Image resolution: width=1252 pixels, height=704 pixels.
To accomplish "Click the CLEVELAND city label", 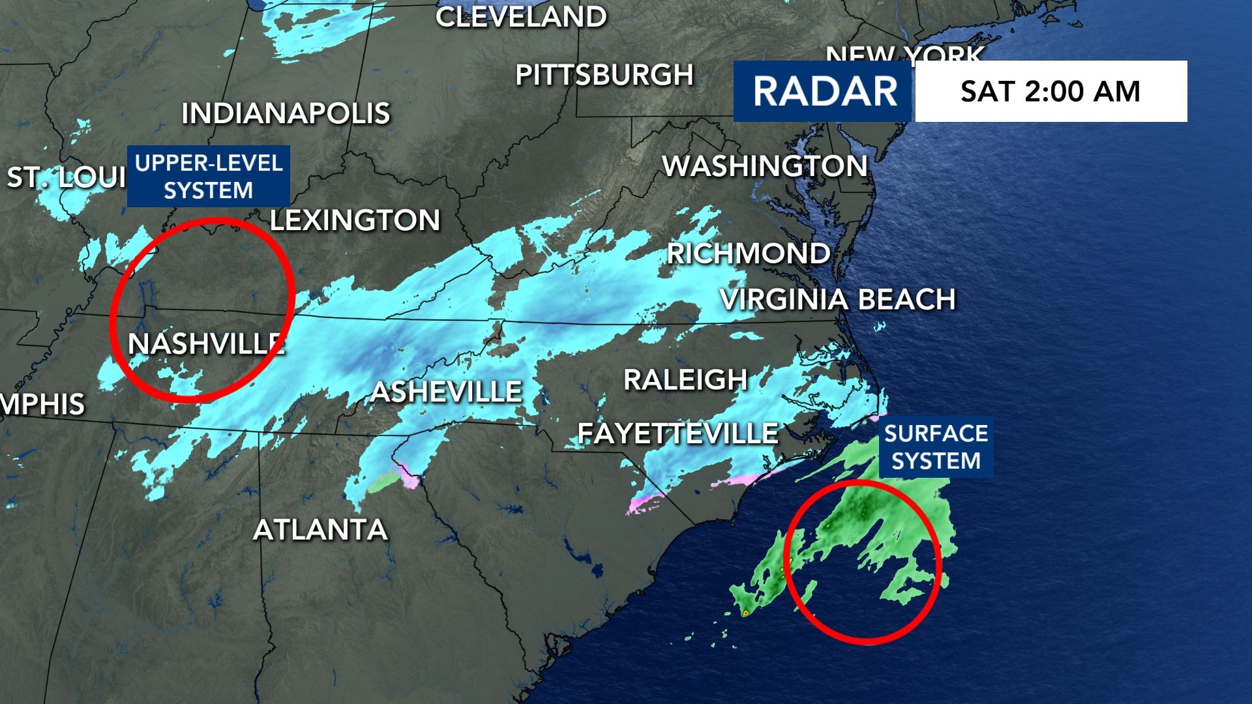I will coord(521,17).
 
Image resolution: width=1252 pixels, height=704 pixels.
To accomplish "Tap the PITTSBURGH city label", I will coord(604,75).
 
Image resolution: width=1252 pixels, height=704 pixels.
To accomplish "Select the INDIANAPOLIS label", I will coord(286,113).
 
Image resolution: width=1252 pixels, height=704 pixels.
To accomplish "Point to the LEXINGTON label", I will coord(355,220).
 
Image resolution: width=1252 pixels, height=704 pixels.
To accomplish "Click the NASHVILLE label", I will coord(206,344).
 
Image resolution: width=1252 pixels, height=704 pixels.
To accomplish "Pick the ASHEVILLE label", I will coord(447,392).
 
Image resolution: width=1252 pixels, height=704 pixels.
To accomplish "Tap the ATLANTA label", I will coord(320,529).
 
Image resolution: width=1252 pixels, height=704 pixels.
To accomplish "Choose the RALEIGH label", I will coord(685,380).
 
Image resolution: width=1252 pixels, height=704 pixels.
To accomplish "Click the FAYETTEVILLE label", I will coord(678,433).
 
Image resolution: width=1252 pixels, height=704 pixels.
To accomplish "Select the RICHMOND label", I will coord(749,254).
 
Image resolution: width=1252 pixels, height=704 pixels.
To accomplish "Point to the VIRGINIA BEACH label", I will coord(838,299).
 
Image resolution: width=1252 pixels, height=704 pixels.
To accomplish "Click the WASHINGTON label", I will coord(765,166).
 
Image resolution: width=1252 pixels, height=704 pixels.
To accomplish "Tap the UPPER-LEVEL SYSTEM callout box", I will coord(208,177).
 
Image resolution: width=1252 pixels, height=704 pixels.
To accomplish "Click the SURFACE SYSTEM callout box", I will coord(936,447).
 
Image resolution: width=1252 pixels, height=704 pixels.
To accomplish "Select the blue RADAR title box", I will coord(824,91).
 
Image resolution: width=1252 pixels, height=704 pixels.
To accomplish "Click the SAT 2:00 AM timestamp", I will coord(1051,91).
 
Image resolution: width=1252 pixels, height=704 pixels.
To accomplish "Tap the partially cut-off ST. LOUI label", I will coord(65,177).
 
